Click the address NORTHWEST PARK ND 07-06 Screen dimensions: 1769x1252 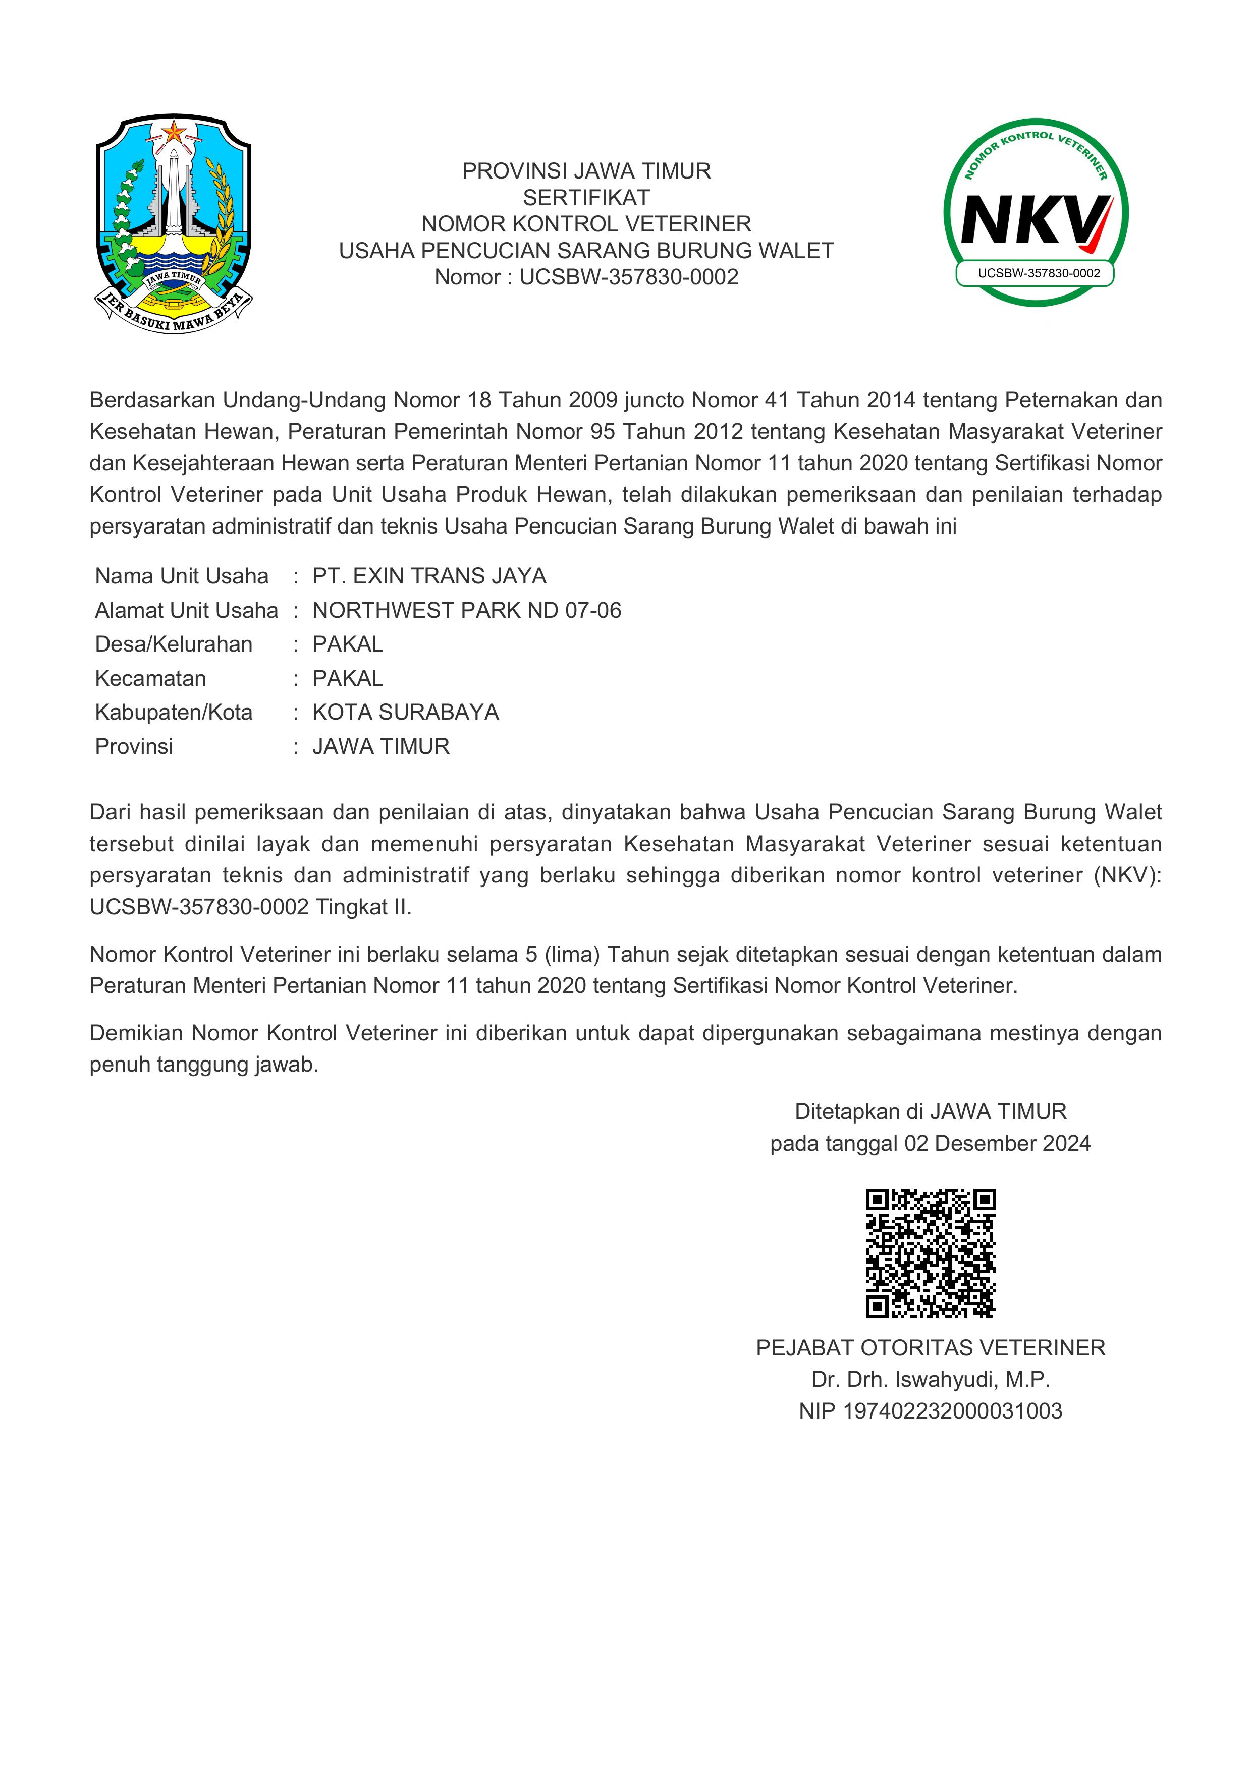pos(466,610)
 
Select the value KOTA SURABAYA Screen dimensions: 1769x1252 pos(406,712)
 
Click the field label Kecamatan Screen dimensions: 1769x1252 pos(150,678)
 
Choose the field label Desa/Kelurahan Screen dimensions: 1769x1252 pos(174,644)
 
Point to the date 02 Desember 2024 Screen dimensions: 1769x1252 pos(998,1143)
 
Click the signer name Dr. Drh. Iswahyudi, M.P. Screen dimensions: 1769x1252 pos(931,1379)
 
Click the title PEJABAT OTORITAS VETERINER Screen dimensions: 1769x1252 pos(931,1347)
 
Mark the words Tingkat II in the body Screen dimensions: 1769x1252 pos(363,907)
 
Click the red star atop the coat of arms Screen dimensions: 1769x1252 pos(174,132)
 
